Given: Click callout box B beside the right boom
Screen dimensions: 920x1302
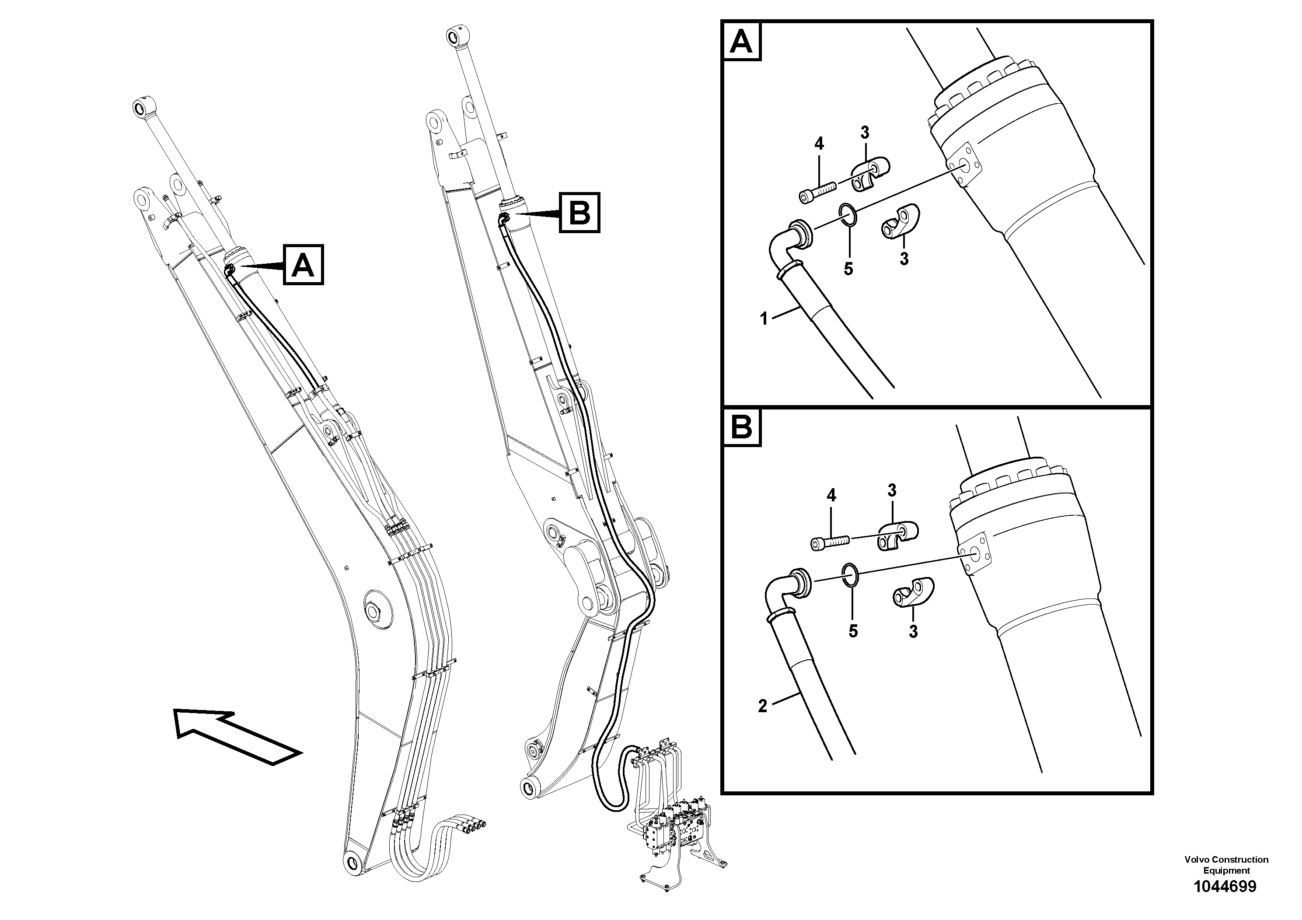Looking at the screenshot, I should (x=579, y=213).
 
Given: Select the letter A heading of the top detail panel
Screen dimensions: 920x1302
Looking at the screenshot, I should (x=742, y=41).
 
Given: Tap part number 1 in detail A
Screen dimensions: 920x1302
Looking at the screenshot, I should (x=764, y=319).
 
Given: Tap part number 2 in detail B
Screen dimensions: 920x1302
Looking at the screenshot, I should (x=763, y=706).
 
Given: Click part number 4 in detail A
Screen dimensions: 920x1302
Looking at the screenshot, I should (x=819, y=144).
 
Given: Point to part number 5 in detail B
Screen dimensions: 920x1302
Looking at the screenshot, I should (x=853, y=631).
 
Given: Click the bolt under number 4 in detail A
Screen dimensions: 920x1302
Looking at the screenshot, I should (x=817, y=191).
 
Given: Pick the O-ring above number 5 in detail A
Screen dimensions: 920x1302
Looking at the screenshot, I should (x=848, y=214).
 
